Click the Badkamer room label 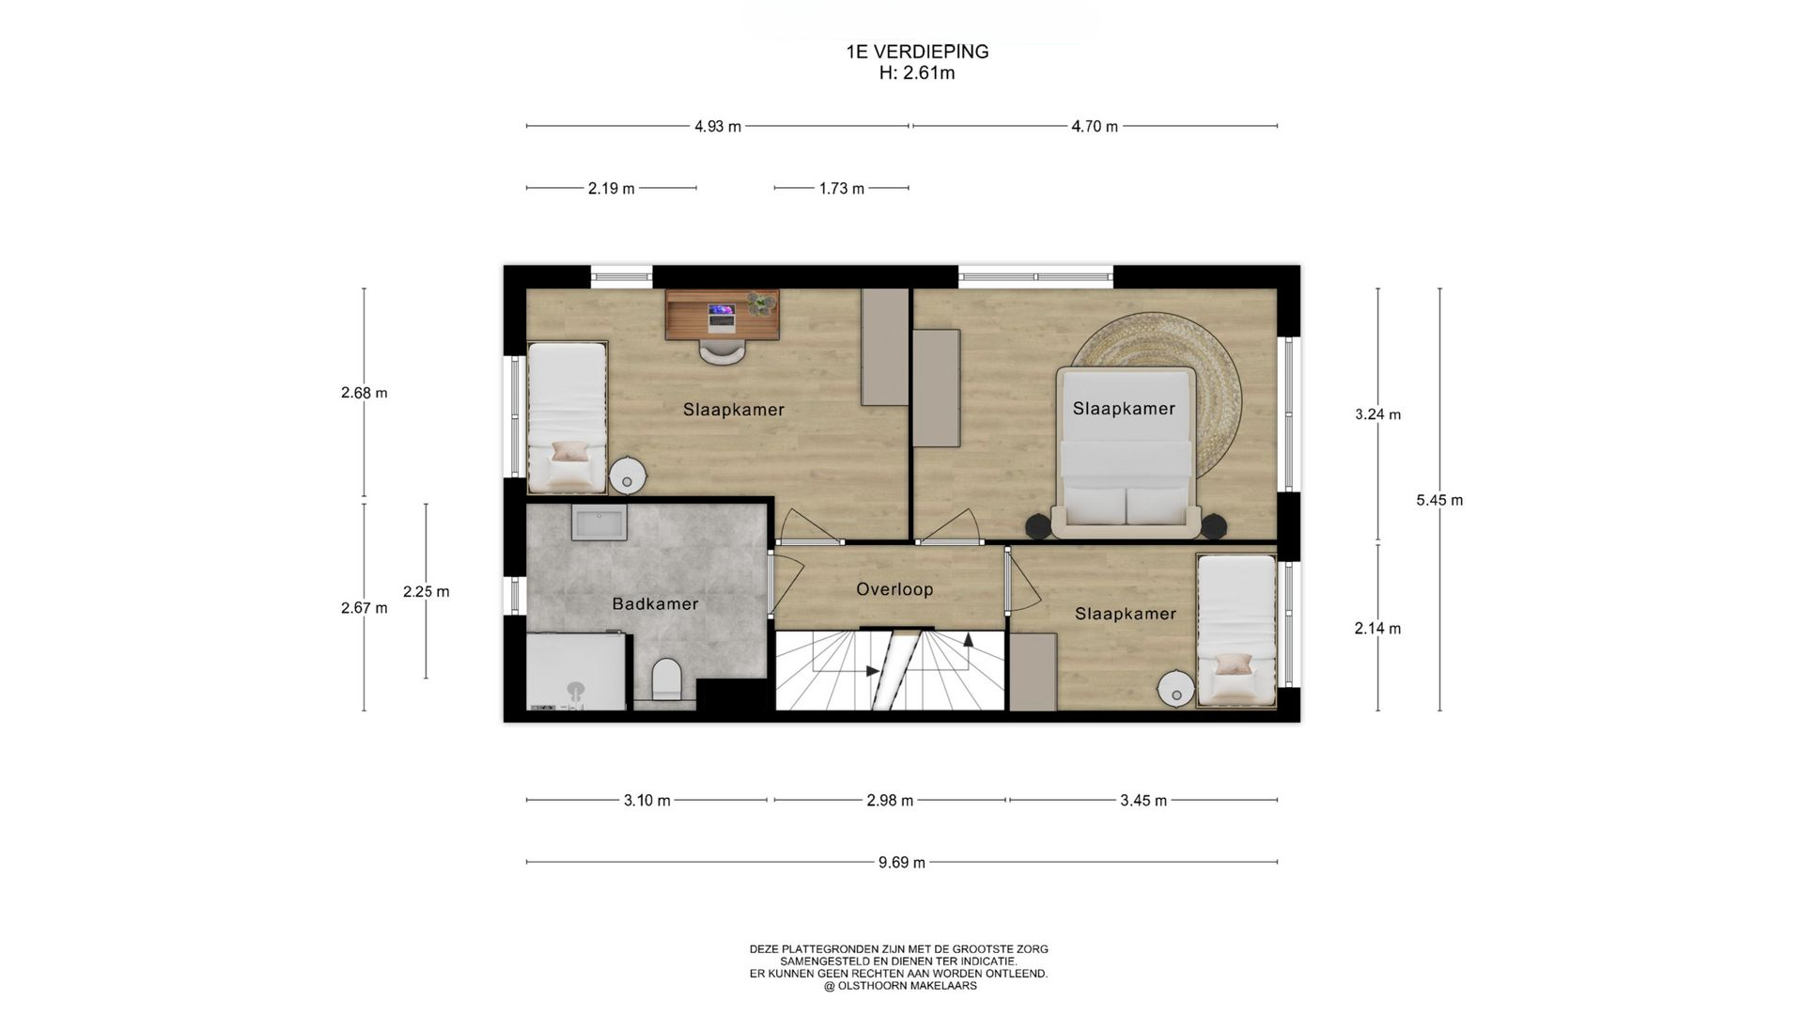coord(655,603)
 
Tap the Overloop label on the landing coord(894,589)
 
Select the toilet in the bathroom coord(667,679)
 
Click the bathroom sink coord(599,522)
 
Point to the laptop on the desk coord(722,316)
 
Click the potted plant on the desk coord(762,304)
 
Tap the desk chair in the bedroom coord(723,351)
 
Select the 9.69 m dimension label coord(902,863)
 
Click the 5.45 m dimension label coord(1439,500)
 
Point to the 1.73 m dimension coord(841,188)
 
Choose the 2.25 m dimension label coord(426,591)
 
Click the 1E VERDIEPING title coord(917,52)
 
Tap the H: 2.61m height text coord(917,73)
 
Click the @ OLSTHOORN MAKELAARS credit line coord(899,986)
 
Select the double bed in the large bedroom coord(1126,452)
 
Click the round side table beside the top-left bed coord(627,476)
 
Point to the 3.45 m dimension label coord(1143,801)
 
